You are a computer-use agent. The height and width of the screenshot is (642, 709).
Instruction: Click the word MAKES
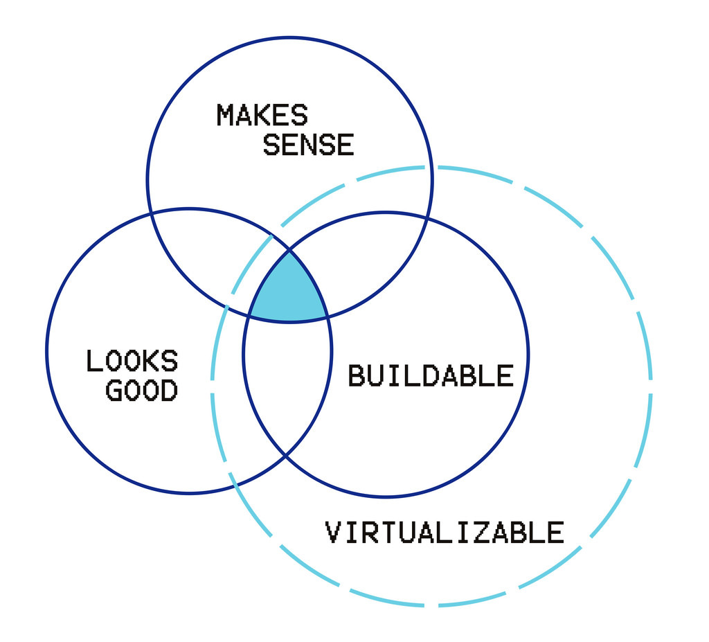coord(262,115)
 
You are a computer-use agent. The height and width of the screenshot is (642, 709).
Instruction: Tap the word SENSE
coord(308,145)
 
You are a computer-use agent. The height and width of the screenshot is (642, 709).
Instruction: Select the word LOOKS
coord(132,361)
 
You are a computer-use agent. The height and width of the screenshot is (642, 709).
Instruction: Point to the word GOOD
coord(141,391)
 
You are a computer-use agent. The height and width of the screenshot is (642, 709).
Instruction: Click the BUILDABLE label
coord(430,376)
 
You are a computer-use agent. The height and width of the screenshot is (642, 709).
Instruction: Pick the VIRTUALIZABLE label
coord(444,533)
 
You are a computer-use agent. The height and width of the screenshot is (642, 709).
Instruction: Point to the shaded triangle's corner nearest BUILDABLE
coord(327,317)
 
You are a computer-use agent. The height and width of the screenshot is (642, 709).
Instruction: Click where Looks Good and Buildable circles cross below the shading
coord(286,455)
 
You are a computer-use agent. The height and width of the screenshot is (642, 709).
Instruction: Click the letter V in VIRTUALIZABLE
coord(333,533)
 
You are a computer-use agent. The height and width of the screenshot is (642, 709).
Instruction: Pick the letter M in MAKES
coord(225,115)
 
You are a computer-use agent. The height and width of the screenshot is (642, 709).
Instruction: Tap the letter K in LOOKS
coord(152,361)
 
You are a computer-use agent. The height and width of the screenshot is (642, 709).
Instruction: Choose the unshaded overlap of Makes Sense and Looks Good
coord(208,256)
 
